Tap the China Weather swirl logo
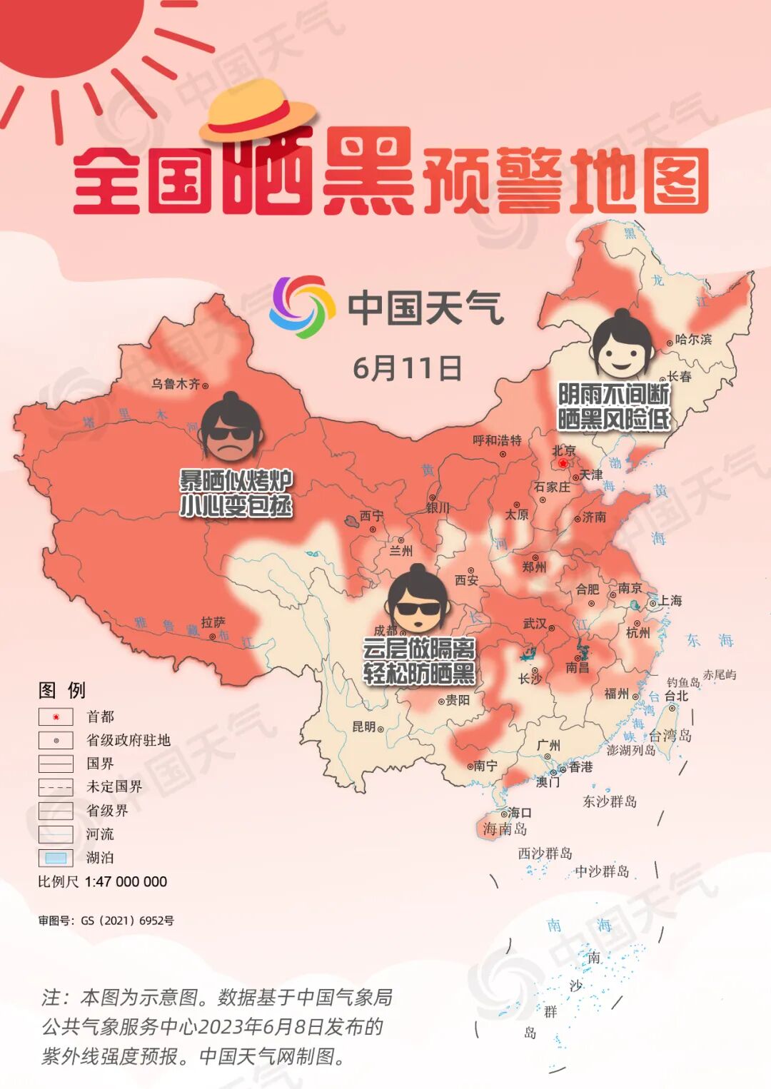point(302,307)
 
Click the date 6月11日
point(407,368)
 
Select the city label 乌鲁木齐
point(176,384)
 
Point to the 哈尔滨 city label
point(693,340)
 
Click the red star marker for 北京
point(563,464)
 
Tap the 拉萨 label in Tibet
point(213,622)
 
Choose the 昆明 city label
point(364,726)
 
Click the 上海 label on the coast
point(670,601)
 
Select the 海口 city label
point(519,812)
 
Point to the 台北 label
point(676,696)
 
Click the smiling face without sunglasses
point(622,346)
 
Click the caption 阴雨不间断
point(613,393)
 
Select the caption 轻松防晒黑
point(419,673)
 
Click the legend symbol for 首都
point(56,716)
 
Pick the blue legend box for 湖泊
point(56,858)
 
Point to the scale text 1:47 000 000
point(126,881)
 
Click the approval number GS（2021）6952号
point(127,921)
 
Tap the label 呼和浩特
point(497,440)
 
